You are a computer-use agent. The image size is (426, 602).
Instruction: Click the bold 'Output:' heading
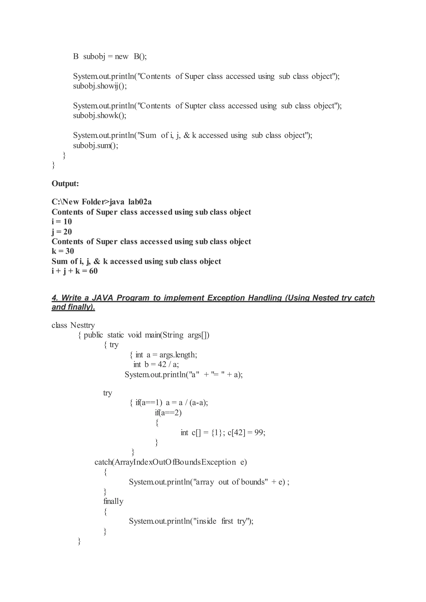point(65,184)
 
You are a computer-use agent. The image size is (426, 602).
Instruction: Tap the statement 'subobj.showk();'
point(99,116)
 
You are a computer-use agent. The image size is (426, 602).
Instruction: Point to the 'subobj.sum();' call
point(95,145)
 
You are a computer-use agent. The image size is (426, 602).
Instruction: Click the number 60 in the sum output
point(93,271)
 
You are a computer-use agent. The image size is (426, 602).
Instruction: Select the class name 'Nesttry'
point(82,325)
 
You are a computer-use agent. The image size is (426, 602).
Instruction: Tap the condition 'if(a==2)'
point(168,413)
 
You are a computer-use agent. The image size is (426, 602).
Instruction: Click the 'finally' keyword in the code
point(113,501)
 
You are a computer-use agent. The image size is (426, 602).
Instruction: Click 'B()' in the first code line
point(140,57)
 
